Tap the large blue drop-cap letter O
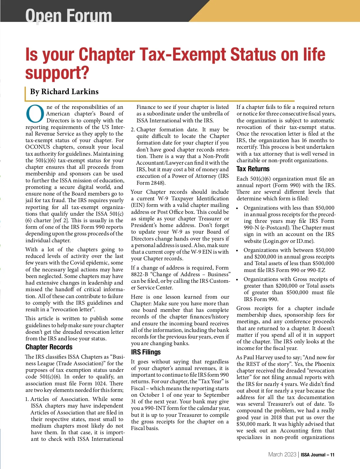point(35,114)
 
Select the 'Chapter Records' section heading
point(49,347)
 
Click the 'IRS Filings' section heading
point(146,352)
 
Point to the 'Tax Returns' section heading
point(253,169)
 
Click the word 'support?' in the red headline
point(57,73)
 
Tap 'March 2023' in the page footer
point(282,455)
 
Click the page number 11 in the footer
point(332,455)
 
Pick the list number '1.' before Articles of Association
point(27,399)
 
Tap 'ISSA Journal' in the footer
point(313,455)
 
